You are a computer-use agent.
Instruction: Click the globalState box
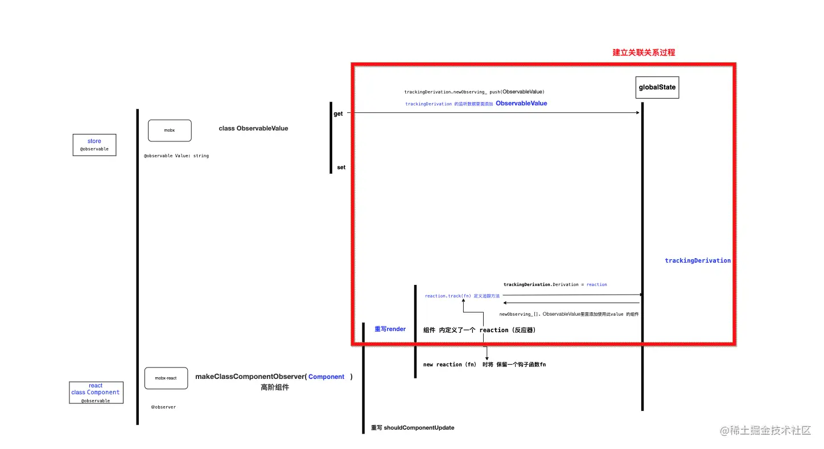[x=657, y=87]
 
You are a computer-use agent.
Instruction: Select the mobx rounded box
[x=170, y=130]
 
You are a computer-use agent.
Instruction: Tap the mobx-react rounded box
[x=166, y=378]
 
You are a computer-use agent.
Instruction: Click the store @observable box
[x=94, y=145]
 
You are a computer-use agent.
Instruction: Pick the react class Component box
[x=96, y=393]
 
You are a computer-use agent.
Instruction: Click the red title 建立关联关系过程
[x=644, y=52]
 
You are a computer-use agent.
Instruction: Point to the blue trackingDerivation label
[x=698, y=260]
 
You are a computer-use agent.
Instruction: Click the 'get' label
[x=338, y=114]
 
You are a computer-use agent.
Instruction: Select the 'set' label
[x=341, y=168]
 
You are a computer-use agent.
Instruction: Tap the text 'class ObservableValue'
[x=253, y=128]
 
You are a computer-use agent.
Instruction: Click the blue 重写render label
[x=390, y=329]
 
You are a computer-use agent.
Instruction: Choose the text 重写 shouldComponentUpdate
[x=413, y=427]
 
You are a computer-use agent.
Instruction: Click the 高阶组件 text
[x=275, y=387]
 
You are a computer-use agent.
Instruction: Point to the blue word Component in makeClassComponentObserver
[x=326, y=377]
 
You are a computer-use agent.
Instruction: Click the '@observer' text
[x=163, y=407]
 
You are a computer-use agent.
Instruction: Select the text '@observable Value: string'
[x=176, y=156]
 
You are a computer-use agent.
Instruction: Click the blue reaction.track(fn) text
[x=448, y=296]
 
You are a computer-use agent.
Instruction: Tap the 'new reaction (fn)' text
[x=450, y=364]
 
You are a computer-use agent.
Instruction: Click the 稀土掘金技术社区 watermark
[x=765, y=431]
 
